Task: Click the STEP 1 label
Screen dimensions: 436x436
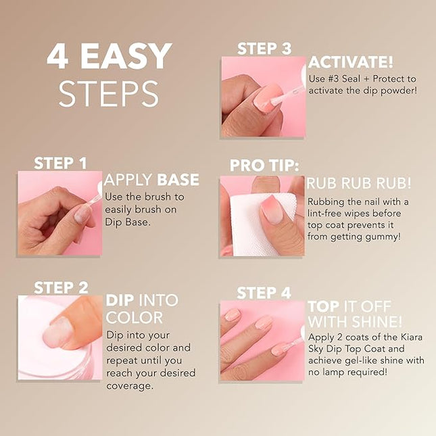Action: [x=60, y=163]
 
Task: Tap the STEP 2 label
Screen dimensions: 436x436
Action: [x=60, y=288]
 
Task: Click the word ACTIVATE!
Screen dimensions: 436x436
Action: [x=351, y=63]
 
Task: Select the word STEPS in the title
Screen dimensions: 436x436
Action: [x=108, y=93]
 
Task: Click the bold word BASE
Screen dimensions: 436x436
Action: [x=178, y=180]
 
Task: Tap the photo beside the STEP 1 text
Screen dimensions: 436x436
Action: [x=59, y=213]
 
